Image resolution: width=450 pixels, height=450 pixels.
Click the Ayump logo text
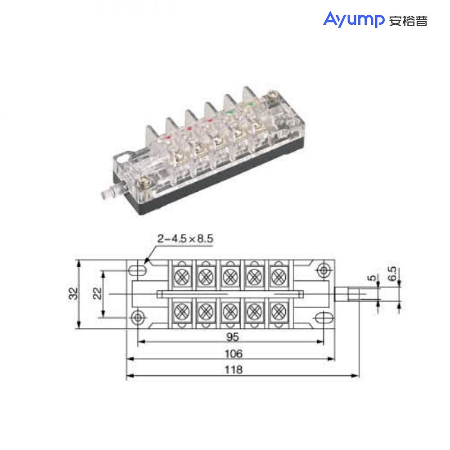tap(353, 20)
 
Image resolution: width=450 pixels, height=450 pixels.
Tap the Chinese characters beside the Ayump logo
tap(408, 21)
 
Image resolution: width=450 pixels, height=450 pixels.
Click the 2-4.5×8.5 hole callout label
tap(185, 238)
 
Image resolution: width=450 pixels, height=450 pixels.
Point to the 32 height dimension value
tap(73, 293)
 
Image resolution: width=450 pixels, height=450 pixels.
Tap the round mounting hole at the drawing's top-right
tap(323, 270)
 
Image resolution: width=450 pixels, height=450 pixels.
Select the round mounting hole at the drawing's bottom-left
tap(138, 317)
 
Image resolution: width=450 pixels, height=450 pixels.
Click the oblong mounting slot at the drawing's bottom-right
tap(322, 317)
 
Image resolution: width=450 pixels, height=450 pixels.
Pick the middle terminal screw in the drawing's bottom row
tap(230, 310)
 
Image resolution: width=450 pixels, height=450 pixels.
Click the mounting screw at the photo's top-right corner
tap(273, 96)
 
